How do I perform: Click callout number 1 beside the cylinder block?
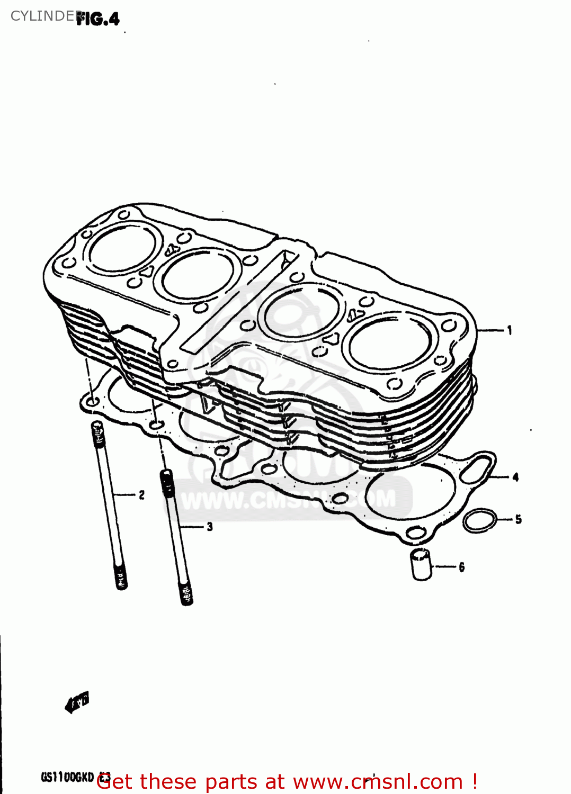click(510, 330)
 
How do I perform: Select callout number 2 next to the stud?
click(141, 495)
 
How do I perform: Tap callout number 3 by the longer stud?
click(210, 526)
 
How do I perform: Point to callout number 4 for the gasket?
click(515, 477)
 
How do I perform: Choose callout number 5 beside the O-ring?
click(518, 519)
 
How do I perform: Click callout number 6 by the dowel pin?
click(461, 567)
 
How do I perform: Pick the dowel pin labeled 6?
click(422, 565)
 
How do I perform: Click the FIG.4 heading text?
click(99, 20)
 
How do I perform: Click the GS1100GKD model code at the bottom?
click(67, 777)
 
